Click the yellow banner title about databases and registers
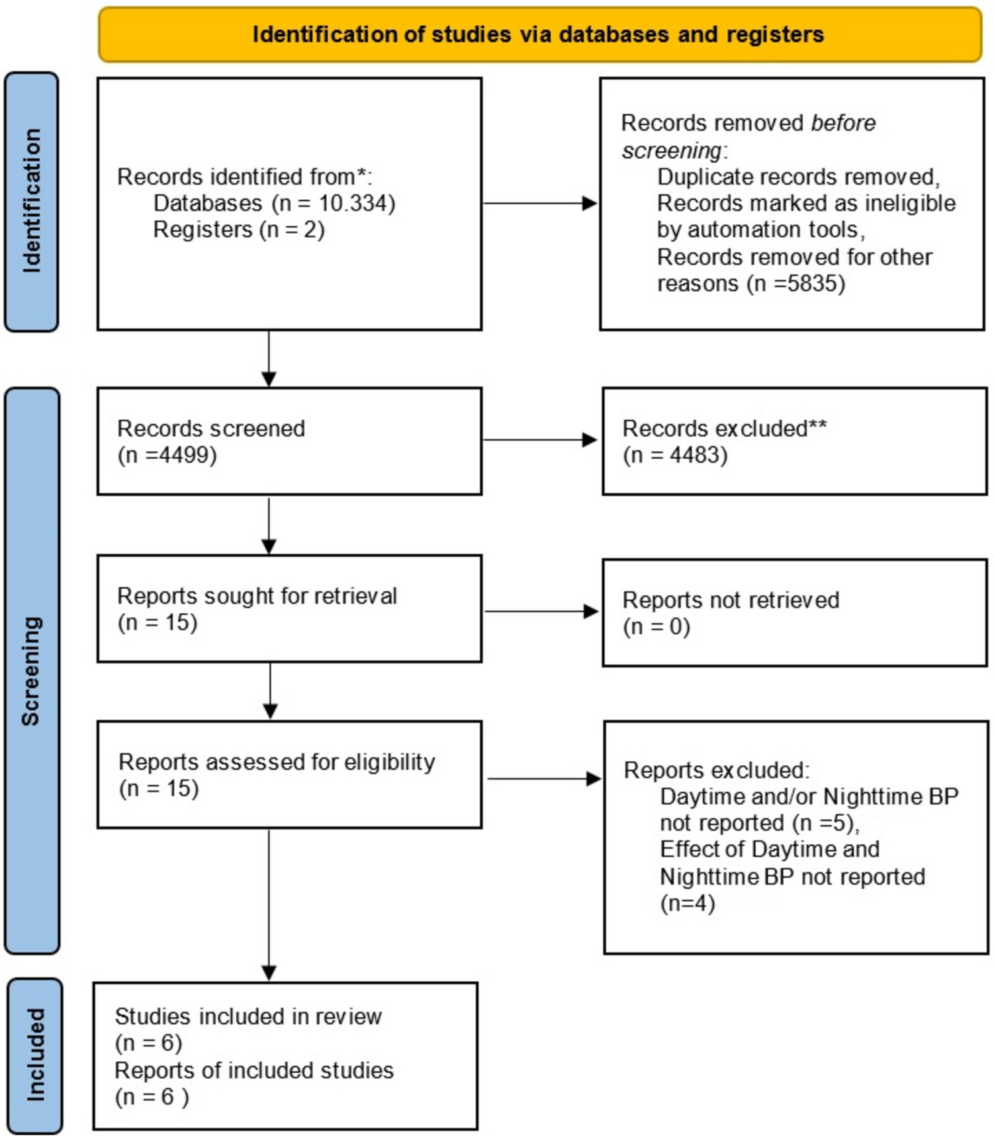[538, 34]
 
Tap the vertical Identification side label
[31, 201]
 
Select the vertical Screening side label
[31, 671]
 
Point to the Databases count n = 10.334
[334, 203]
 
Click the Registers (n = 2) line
[239, 230]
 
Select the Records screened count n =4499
[167, 455]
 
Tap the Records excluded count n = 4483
[675, 455]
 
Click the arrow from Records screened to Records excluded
[540, 440]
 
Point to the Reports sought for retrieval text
[257, 596]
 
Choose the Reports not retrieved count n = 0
[656, 627]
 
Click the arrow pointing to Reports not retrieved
[541, 611]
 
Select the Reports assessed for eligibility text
[277, 762]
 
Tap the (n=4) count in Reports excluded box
[688, 904]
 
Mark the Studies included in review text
[248, 1016]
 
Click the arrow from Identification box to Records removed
[540, 204]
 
